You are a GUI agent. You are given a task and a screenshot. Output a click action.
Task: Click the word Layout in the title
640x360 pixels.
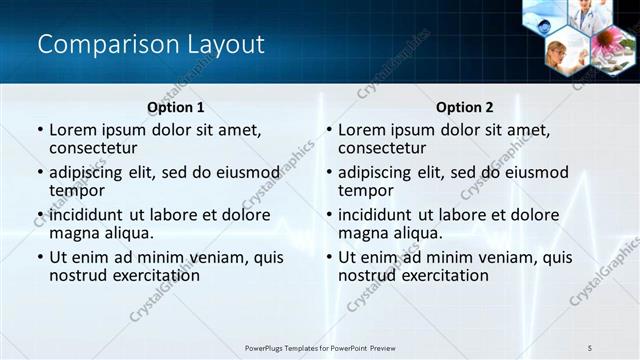coord(221,44)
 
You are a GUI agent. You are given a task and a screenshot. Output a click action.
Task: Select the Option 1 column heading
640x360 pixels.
coord(176,107)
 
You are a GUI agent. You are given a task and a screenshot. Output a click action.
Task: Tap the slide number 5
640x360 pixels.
coord(590,347)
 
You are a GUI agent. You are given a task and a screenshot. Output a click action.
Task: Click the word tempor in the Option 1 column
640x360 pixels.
coord(77,190)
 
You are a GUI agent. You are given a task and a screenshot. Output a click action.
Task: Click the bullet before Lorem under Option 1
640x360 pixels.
coord(40,131)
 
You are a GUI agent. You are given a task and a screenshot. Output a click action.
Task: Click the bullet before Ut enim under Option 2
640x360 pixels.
coord(329,257)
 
